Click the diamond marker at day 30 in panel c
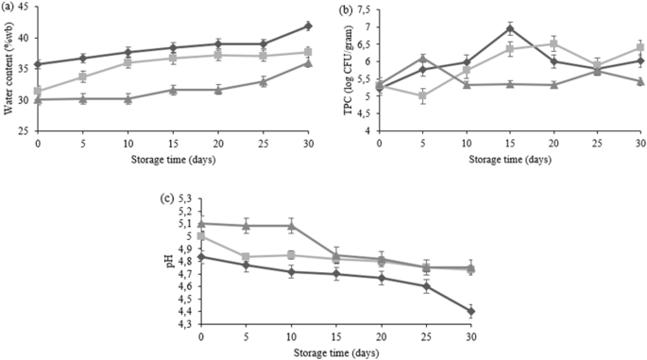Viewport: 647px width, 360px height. [470, 311]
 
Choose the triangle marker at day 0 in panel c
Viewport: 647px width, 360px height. [201, 224]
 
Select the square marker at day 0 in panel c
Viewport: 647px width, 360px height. [201, 236]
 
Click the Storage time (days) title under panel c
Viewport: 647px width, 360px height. [335, 351]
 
